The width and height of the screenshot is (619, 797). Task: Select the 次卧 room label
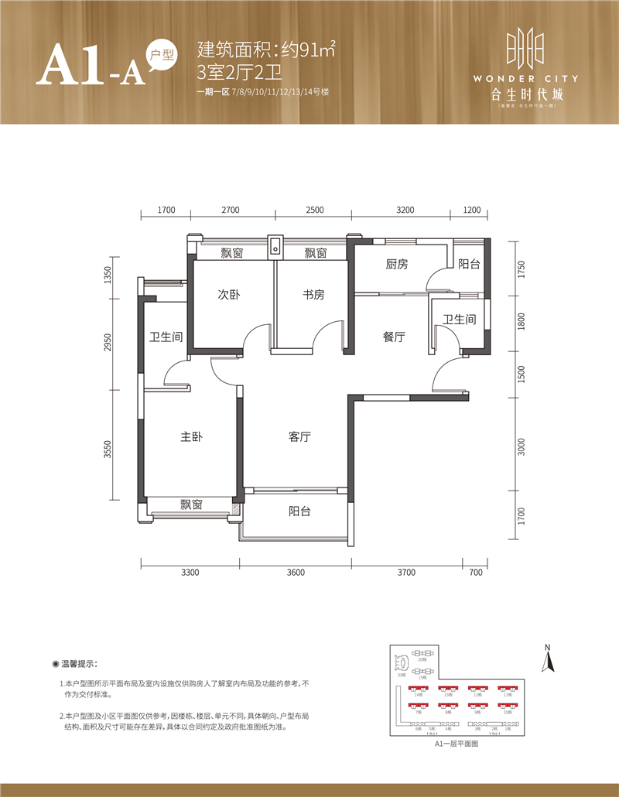(228, 294)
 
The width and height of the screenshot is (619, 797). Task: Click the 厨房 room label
(397, 265)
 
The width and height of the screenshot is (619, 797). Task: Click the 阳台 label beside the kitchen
(468, 265)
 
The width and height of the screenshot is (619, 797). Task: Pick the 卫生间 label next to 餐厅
(459, 320)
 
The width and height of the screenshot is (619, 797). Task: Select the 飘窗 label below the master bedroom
(191, 505)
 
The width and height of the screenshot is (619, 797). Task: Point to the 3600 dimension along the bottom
(296, 573)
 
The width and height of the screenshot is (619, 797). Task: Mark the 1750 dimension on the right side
(522, 270)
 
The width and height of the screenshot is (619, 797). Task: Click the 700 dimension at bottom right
(475, 573)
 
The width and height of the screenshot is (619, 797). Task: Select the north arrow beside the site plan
(548, 659)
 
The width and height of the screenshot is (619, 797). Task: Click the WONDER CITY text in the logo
(525, 78)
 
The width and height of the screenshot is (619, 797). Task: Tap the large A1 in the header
(72, 66)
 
